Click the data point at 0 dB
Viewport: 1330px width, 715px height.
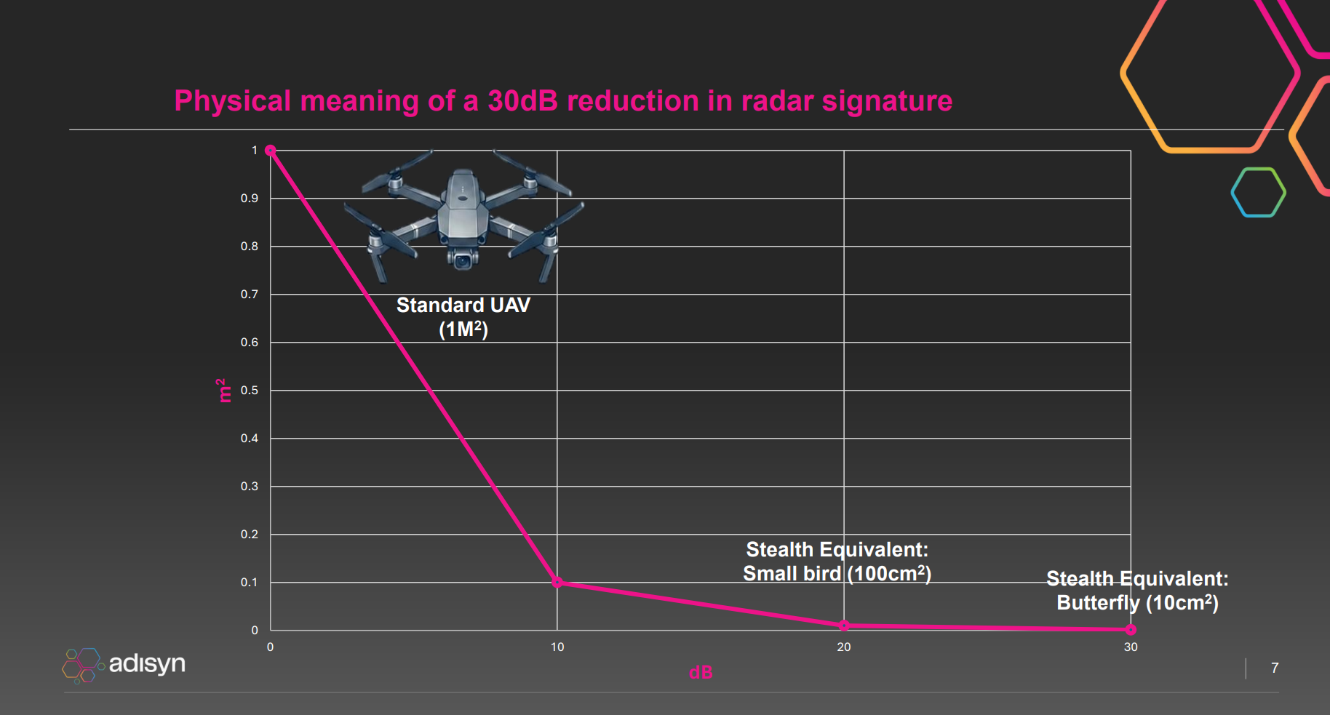pyautogui.click(x=270, y=151)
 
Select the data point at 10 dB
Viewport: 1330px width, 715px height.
pyautogui.click(x=557, y=582)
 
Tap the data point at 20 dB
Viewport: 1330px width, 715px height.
pyautogui.click(x=844, y=626)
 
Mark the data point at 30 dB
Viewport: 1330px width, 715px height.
pyautogui.click(x=1131, y=630)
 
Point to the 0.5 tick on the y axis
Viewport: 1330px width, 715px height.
pyautogui.click(x=250, y=391)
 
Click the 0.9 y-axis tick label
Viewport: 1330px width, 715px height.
pyautogui.click(x=250, y=199)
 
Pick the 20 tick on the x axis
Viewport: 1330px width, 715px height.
pyautogui.click(x=844, y=647)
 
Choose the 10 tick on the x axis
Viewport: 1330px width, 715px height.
pyautogui.click(x=557, y=647)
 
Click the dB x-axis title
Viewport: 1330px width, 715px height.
pyautogui.click(x=701, y=673)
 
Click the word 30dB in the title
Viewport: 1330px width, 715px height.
pyautogui.click(x=522, y=101)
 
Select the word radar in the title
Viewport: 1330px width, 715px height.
pyautogui.click(x=777, y=101)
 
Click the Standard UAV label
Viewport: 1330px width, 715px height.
pyautogui.click(x=463, y=305)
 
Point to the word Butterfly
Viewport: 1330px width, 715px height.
pyautogui.click(x=1098, y=603)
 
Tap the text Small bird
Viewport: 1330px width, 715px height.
pyautogui.click(x=792, y=574)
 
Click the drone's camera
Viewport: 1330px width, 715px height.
pyautogui.click(x=462, y=261)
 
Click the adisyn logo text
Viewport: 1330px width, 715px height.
pyautogui.click(x=147, y=663)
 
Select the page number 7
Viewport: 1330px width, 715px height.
pyautogui.click(x=1275, y=668)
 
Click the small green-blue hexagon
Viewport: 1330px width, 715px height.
pyautogui.click(x=1258, y=193)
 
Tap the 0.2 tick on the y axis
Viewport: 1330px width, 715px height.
pyautogui.click(x=250, y=535)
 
